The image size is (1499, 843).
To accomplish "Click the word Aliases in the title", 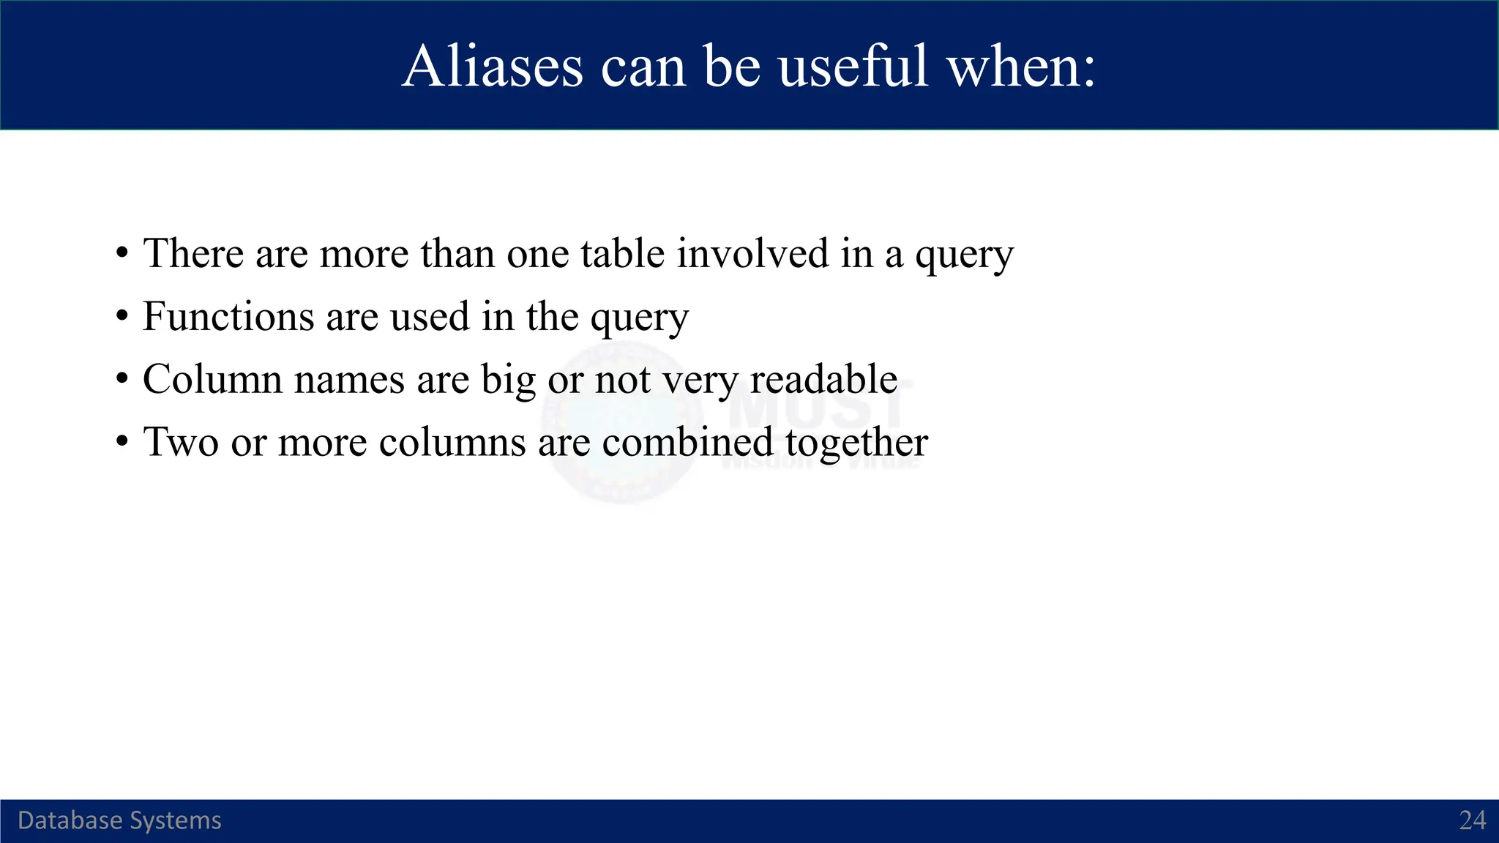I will click(x=492, y=67).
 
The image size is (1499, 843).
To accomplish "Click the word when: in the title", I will click(x=1021, y=67).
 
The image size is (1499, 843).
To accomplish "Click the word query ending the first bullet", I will click(x=964, y=257).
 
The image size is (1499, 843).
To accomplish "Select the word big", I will click(x=508, y=381).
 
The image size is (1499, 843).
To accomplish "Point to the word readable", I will click(x=823, y=380).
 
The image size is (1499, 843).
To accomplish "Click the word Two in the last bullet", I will click(x=180, y=443).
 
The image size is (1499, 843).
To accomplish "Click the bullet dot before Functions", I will click(x=122, y=318).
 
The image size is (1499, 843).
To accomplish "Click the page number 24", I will click(x=1472, y=820).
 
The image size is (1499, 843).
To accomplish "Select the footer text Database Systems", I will click(x=119, y=820).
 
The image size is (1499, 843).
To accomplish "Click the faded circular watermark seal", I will click(x=622, y=424).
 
